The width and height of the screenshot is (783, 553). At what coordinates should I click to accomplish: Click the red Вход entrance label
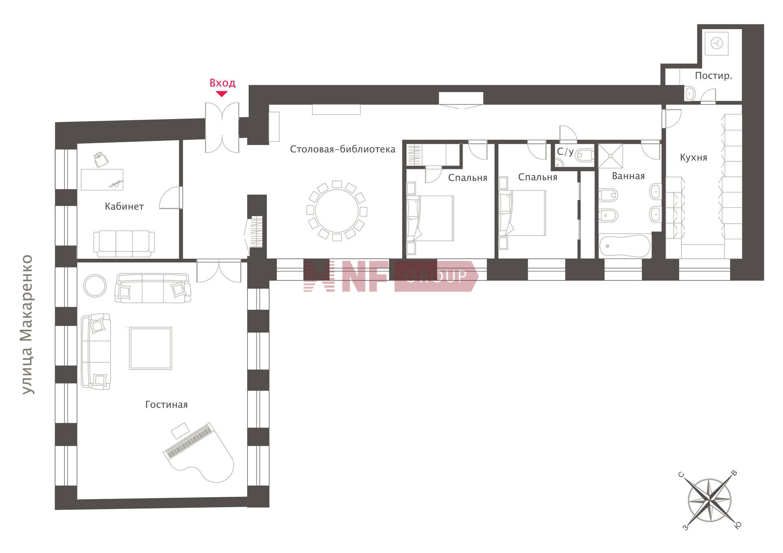click(x=222, y=83)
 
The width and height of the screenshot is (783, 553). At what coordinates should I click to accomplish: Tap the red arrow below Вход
click(x=221, y=94)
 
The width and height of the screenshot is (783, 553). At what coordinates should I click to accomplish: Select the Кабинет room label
click(x=124, y=207)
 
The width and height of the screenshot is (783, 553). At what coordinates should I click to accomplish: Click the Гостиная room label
click(x=166, y=405)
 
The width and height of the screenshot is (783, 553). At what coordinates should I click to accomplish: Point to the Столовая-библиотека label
click(x=343, y=149)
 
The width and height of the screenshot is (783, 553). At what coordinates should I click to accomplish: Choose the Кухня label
click(x=694, y=158)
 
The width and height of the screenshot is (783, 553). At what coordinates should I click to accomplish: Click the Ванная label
click(x=628, y=176)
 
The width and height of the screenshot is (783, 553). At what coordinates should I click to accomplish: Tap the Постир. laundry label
click(x=714, y=76)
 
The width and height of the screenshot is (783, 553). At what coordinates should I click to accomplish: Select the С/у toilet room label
click(x=565, y=152)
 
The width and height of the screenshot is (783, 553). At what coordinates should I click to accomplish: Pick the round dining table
click(x=337, y=211)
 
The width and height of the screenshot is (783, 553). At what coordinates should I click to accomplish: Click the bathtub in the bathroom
click(x=625, y=246)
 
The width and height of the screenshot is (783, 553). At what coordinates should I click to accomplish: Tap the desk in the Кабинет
click(x=102, y=180)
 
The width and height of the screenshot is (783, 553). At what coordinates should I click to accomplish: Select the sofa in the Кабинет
click(x=124, y=243)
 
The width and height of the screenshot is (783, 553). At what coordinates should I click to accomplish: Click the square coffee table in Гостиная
click(x=150, y=348)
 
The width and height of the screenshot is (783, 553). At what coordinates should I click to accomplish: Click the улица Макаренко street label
click(x=28, y=325)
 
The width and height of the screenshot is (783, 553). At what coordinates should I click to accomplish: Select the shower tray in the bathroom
click(x=610, y=156)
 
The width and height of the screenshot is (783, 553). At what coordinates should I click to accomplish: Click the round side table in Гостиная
click(x=95, y=286)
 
